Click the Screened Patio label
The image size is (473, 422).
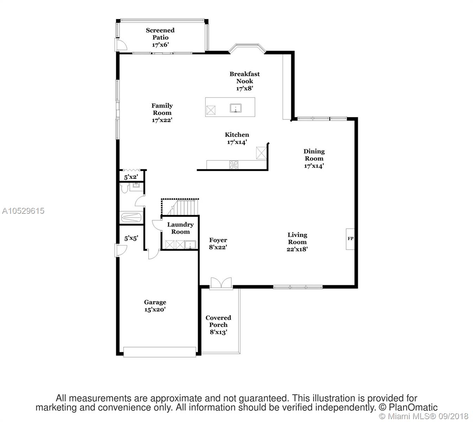[x=160, y=34]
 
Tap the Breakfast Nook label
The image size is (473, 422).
[x=245, y=77]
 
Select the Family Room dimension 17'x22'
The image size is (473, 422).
[x=162, y=120]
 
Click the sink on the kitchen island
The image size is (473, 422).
[x=235, y=108]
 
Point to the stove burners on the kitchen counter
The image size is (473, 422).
[x=234, y=165]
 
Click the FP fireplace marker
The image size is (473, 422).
[x=350, y=238]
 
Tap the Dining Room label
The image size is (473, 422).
[x=314, y=155]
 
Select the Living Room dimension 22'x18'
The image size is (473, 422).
[x=297, y=249]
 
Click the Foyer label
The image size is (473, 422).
[x=218, y=240]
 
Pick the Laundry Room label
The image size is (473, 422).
[x=181, y=228]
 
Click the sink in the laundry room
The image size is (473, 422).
[x=190, y=245]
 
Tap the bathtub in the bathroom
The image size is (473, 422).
[x=131, y=218]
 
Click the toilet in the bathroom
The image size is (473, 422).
[x=125, y=187]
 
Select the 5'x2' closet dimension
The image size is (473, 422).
[x=131, y=177]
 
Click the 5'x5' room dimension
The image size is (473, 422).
[x=131, y=238]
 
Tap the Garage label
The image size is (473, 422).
[x=155, y=302]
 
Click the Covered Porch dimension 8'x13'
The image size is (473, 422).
[x=218, y=332]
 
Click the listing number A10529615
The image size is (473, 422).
[x=23, y=211]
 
